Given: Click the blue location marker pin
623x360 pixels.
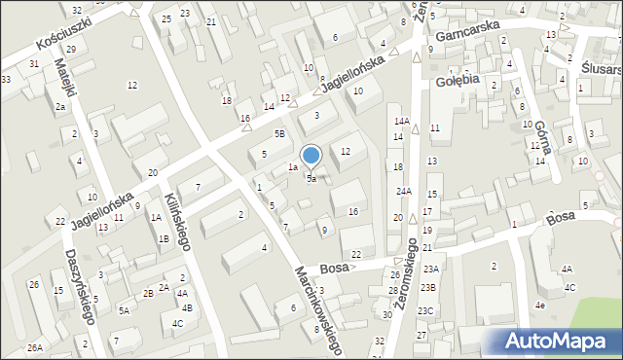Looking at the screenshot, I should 311,157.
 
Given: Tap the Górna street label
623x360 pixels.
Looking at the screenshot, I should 542,139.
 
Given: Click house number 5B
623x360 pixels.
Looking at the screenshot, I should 279,134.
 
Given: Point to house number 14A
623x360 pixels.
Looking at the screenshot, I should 401,121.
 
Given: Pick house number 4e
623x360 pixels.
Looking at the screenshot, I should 539,305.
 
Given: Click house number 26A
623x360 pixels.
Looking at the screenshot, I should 35,347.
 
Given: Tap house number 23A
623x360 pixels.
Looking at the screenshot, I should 430,270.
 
